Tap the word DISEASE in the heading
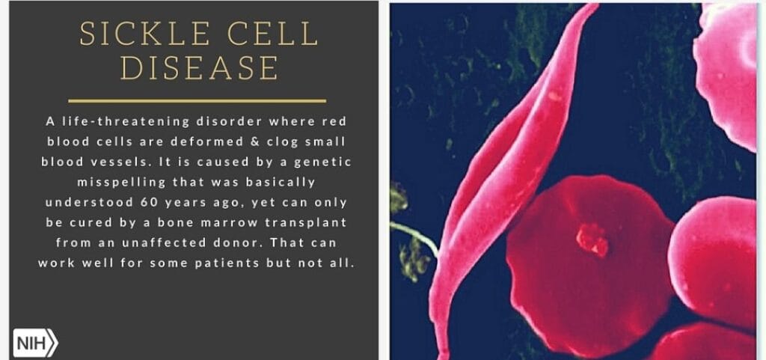(199, 67)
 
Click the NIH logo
(35, 344)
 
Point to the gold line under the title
(197, 101)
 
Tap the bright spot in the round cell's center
(592, 240)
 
